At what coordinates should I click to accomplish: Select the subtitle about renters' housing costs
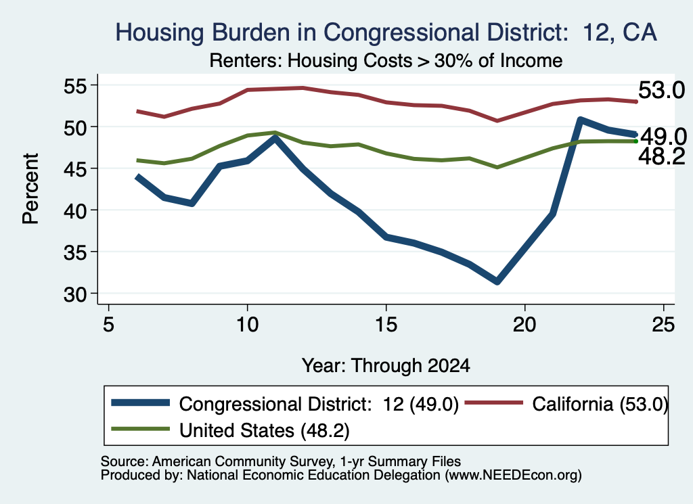pyautogui.click(x=386, y=60)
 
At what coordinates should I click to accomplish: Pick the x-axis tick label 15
pyautogui.click(x=386, y=325)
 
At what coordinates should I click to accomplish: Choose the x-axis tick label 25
pyautogui.click(x=663, y=325)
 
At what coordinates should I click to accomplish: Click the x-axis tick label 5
pyautogui.click(x=108, y=325)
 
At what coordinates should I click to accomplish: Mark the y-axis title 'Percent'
pyautogui.click(x=30, y=189)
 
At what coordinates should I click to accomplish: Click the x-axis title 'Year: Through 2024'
pyautogui.click(x=386, y=366)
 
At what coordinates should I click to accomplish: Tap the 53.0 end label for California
pyautogui.click(x=661, y=90)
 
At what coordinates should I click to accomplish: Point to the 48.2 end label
pyautogui.click(x=662, y=156)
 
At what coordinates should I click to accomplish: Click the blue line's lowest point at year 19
pyautogui.click(x=497, y=281)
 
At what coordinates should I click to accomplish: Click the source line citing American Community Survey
pyautogui.click(x=281, y=461)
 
